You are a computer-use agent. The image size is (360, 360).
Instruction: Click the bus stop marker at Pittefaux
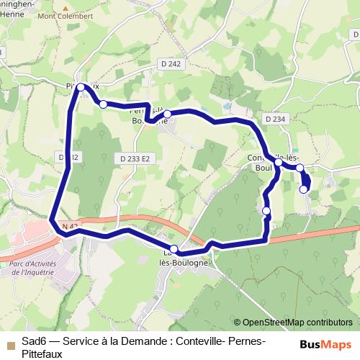[x=81, y=88]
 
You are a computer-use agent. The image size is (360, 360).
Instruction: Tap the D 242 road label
[x=171, y=64]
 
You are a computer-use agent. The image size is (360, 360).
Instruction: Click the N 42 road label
[x=69, y=227]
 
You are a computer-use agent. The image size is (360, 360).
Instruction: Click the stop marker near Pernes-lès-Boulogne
[x=167, y=114]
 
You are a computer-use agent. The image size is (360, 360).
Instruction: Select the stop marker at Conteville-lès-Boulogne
[x=278, y=163]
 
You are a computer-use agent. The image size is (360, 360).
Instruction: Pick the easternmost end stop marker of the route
[x=303, y=189]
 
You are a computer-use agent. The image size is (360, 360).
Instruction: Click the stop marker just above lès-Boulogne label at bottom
[x=174, y=248]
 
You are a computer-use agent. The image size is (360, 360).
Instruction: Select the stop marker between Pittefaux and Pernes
[x=104, y=104]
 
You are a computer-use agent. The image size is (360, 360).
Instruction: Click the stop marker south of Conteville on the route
[x=266, y=210]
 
